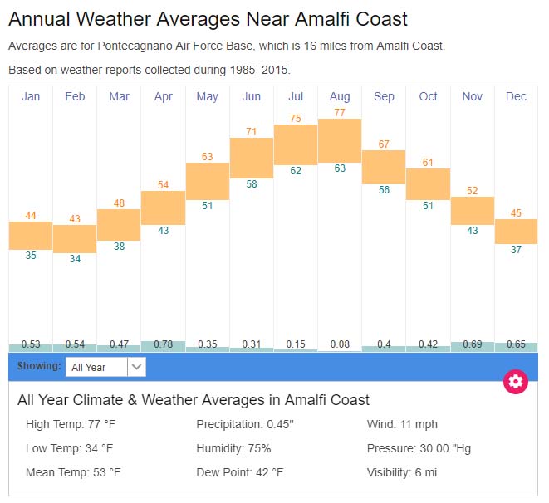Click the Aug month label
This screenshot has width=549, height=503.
point(340,97)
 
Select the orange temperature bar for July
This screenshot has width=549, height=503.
point(296,144)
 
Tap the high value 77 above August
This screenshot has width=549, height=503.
point(340,112)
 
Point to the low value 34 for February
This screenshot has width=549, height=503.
point(75,259)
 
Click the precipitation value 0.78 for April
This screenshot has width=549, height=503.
point(163,344)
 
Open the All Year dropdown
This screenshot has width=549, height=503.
point(105,367)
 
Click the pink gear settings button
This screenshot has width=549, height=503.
point(516,381)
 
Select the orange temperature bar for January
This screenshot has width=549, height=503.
point(31,235)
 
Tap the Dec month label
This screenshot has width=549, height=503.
point(516,97)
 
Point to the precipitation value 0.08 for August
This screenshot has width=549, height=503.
point(340,344)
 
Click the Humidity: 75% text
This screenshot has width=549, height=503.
point(233,448)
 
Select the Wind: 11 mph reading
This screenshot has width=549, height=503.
point(402,425)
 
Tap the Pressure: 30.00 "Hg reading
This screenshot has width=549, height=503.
point(419,448)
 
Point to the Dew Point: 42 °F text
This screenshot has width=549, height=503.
point(240,472)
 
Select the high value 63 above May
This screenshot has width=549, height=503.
point(208,156)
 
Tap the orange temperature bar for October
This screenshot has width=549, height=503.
point(428,183)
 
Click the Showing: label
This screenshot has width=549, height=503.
point(39,366)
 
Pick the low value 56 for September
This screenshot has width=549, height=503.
point(384,190)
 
